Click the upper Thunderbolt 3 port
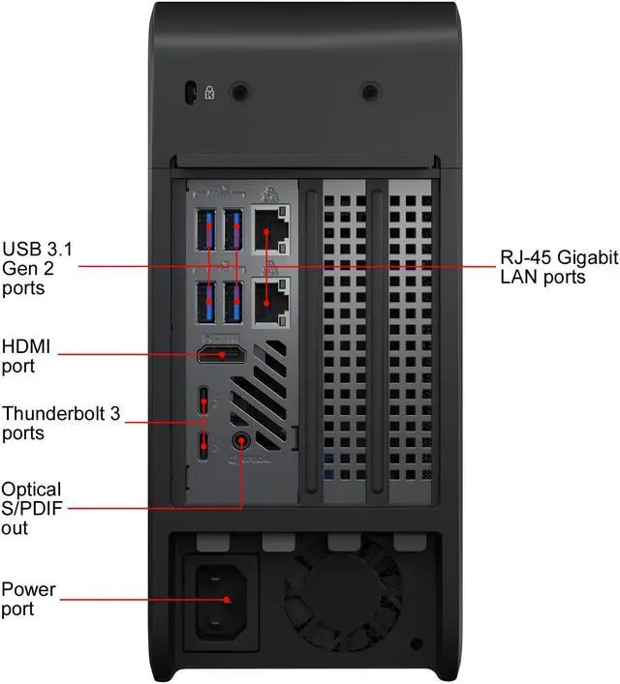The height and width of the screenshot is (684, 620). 203,401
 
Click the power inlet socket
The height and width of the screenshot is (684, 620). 227,599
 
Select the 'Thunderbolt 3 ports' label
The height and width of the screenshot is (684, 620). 60,423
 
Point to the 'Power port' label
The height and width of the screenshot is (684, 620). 28,599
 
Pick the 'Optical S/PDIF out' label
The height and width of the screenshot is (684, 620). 31,508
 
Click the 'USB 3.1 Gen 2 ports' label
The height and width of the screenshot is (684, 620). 37,266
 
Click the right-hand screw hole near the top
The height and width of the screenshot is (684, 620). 369,91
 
